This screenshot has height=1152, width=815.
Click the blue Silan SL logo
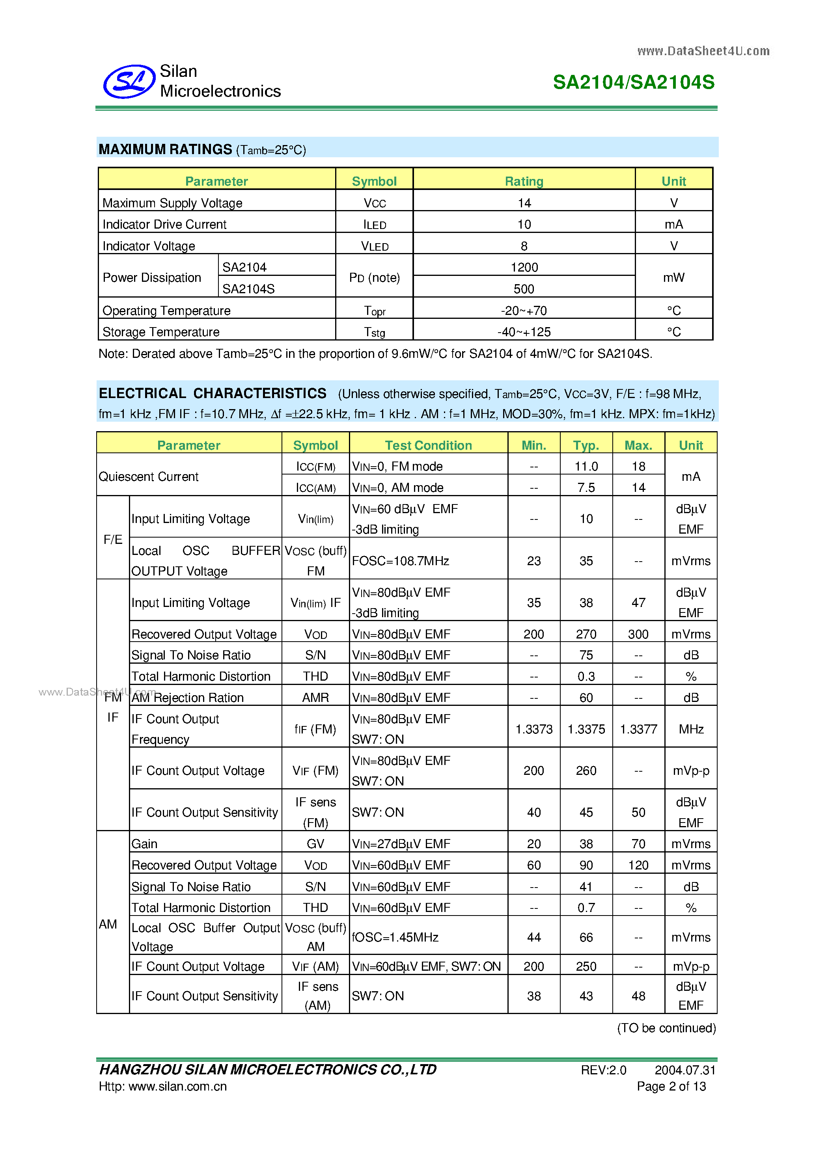(x=129, y=81)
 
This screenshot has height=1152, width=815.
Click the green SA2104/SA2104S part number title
(x=633, y=82)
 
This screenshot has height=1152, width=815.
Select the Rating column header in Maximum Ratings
(x=524, y=181)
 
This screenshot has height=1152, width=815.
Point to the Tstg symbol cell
(x=374, y=332)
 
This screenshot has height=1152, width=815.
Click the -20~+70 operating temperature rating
(x=524, y=311)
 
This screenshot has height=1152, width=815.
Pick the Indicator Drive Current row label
(x=164, y=224)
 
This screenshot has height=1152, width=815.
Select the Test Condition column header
(x=428, y=445)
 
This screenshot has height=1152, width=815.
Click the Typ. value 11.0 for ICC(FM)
(x=586, y=466)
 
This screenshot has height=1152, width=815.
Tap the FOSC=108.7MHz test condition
(x=401, y=560)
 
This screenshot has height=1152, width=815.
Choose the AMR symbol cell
(x=315, y=698)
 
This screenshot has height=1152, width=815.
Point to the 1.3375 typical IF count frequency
(x=586, y=729)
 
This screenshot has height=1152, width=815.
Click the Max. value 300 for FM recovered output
(x=638, y=634)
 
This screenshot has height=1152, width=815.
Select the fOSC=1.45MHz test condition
(x=395, y=937)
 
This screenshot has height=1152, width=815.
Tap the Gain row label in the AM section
(x=145, y=844)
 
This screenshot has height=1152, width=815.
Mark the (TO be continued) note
(x=666, y=1028)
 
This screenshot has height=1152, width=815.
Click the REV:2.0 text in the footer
(x=603, y=1070)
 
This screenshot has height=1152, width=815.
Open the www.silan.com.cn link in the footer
(x=178, y=1086)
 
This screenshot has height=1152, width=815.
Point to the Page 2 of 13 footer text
(x=671, y=1086)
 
